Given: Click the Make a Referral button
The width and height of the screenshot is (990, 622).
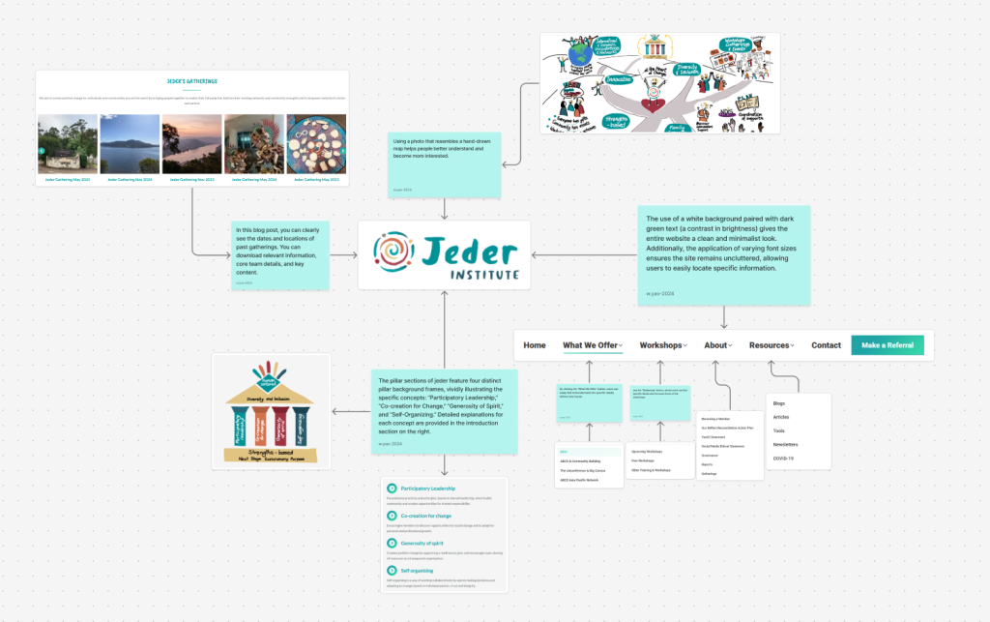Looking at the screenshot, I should point(887,345).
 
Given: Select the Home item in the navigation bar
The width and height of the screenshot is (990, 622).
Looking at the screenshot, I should point(535,345).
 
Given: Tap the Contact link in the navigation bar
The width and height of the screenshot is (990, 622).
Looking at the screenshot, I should point(826,345).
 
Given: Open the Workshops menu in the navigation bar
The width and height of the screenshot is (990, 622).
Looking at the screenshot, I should point(661,345).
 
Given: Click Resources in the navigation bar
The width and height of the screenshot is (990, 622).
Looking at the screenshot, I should point(772,345).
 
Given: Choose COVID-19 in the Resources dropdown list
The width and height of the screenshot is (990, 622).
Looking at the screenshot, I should point(784,459).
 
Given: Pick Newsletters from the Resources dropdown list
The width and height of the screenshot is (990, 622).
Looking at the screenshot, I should point(786,445).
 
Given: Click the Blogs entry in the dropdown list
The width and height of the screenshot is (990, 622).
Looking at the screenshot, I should point(780,403).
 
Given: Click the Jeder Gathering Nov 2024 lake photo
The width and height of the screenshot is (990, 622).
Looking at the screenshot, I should point(130,144).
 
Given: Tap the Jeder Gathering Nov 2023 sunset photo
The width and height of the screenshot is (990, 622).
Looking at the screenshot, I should point(191,144).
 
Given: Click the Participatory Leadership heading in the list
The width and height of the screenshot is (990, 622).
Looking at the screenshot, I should point(429,489).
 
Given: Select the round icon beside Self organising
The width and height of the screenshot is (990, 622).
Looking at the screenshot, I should point(391,571).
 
